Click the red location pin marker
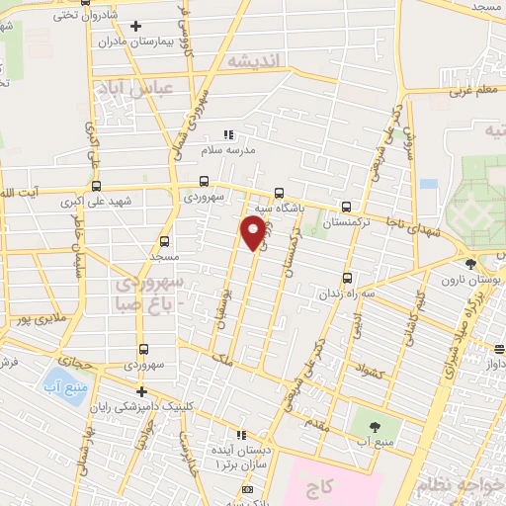(x=253, y=233)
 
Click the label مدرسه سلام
(x=228, y=150)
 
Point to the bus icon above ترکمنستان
(x=346, y=207)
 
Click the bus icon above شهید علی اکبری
(x=96, y=184)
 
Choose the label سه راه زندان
(x=345, y=295)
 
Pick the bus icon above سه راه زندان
(x=346, y=279)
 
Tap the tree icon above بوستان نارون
(x=470, y=264)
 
